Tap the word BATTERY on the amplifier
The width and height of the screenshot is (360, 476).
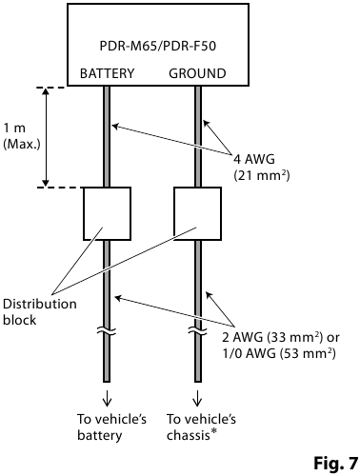pyautogui.click(x=107, y=73)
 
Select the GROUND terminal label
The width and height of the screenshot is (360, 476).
pyautogui.click(x=197, y=73)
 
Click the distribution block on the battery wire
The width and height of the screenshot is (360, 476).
pyautogui.click(x=107, y=213)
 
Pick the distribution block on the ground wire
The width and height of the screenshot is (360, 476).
pyautogui.click(x=198, y=213)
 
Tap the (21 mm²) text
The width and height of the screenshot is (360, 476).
pyautogui.click(x=261, y=175)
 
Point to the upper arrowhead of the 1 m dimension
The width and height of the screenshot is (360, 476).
pyautogui.click(x=46, y=93)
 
